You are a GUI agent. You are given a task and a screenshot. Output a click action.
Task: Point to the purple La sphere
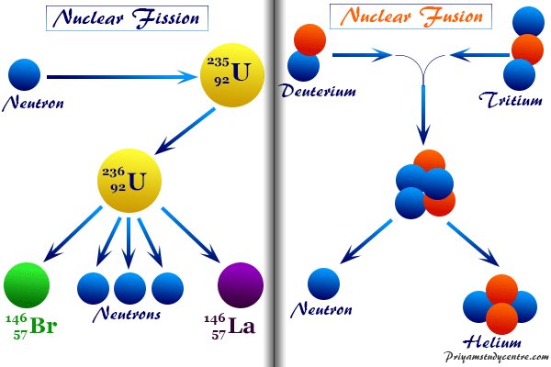click(242, 286)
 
